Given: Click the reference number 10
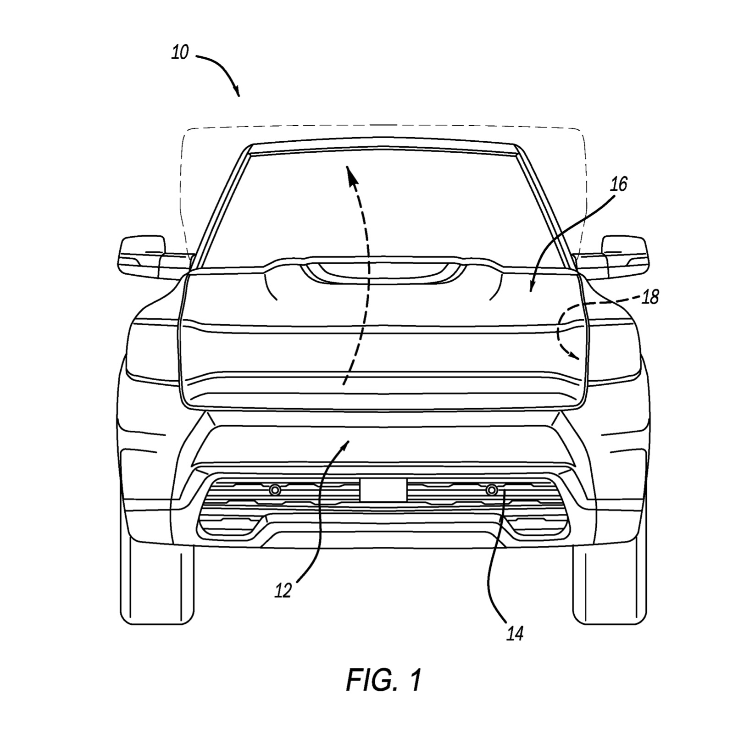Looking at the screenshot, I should pyautogui.click(x=180, y=54).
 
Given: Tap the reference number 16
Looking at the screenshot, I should pyautogui.click(x=619, y=184).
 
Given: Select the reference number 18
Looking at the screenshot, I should pyautogui.click(x=650, y=298).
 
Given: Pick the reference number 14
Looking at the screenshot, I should pyautogui.click(x=515, y=634).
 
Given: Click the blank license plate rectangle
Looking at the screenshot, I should pyautogui.click(x=383, y=490).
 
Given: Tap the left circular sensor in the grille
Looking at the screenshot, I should pyautogui.click(x=275, y=490).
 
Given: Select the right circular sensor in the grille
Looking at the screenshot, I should pyautogui.click(x=492, y=490).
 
